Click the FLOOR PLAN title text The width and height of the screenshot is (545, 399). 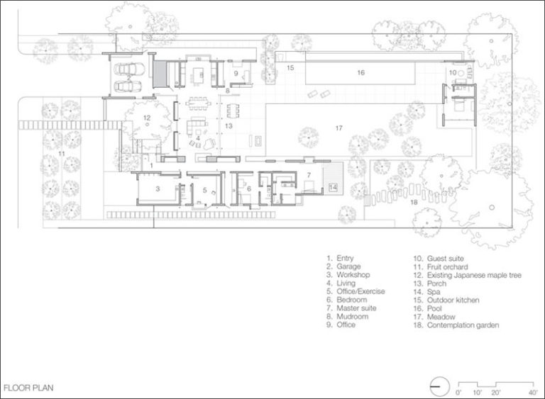tap(28, 388)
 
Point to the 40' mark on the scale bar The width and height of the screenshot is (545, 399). tap(533, 393)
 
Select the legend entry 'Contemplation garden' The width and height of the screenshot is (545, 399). tap(456, 325)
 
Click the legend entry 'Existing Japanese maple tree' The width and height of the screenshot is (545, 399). tap(468, 275)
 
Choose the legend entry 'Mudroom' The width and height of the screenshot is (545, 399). tap(348, 316)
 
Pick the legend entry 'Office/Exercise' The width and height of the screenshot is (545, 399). tap(356, 291)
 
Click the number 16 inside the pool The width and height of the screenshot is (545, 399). tap(360, 72)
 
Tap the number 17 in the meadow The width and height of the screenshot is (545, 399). tap(339, 128)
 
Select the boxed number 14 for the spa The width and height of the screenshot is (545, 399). tap(333, 188)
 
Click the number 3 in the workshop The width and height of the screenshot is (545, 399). tap(158, 189)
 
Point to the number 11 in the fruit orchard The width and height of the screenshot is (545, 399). tap(62, 154)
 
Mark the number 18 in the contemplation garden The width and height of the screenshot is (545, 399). tap(414, 202)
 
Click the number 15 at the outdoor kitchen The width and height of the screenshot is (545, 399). tap(290, 68)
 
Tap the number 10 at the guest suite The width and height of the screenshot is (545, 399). tap(453, 72)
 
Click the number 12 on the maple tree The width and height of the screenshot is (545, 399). tap(147, 118)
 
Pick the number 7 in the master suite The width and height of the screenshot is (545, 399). tap(309, 175)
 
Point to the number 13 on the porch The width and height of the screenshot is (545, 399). tap(229, 125)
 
